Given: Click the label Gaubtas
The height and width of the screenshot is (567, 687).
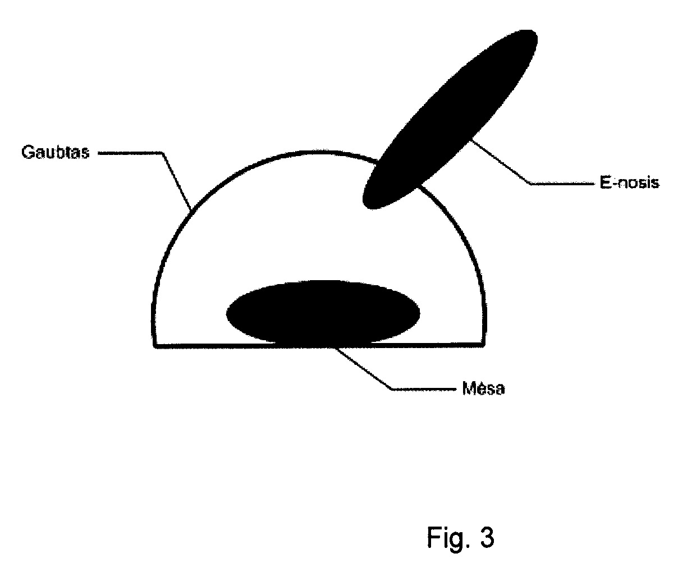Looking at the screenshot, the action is (x=55, y=152).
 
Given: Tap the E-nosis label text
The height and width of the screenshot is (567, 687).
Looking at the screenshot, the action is (x=629, y=182).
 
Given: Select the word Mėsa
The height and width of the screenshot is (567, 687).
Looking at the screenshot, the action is (x=483, y=388).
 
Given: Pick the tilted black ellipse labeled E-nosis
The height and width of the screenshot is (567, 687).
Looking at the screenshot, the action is (x=450, y=119).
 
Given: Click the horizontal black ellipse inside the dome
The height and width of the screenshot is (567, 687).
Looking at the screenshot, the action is (x=323, y=313).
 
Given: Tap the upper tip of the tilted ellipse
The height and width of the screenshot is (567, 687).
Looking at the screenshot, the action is (x=534, y=34).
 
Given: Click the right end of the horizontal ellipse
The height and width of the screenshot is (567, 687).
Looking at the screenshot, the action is (x=420, y=313).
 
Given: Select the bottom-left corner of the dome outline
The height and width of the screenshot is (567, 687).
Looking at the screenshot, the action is (x=154, y=346).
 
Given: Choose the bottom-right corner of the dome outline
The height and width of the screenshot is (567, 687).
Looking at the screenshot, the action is (x=484, y=345).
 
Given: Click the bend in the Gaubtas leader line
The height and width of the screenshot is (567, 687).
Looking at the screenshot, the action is (x=162, y=153).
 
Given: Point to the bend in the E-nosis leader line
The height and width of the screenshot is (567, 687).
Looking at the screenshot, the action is (x=530, y=184).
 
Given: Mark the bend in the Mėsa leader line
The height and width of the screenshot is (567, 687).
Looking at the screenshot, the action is (x=392, y=389).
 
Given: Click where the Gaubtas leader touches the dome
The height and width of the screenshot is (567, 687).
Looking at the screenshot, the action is (x=191, y=209).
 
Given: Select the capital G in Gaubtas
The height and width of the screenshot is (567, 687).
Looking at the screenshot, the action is (x=28, y=152).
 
